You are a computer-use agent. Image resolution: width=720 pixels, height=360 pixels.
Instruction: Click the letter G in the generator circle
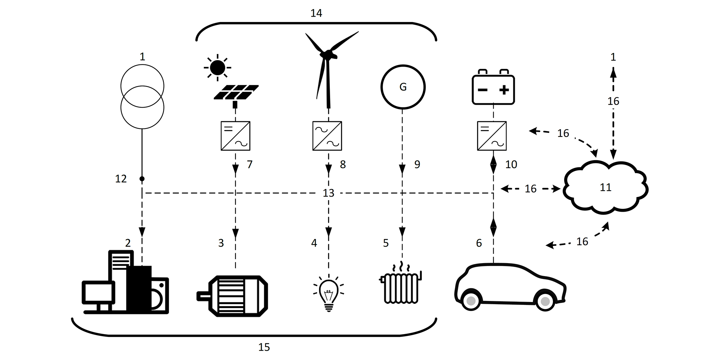[x=403, y=87]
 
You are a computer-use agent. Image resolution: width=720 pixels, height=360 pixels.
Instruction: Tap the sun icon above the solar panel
[x=217, y=67]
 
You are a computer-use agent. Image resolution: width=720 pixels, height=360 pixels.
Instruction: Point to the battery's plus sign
[x=504, y=90]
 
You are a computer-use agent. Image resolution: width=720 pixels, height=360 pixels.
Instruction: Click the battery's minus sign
[x=482, y=90]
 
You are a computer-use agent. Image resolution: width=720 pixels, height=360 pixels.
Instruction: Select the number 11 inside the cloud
[x=606, y=187]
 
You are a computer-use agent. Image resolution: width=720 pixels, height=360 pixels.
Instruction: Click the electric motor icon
[x=232, y=296]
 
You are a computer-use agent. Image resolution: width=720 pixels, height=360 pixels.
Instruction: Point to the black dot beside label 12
[x=142, y=179]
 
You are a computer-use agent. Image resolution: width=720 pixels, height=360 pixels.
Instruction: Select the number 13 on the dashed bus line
[x=328, y=193]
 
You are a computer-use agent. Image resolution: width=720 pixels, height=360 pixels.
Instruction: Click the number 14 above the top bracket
[x=316, y=13]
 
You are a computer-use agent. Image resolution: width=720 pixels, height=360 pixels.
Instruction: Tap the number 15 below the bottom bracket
[x=264, y=347]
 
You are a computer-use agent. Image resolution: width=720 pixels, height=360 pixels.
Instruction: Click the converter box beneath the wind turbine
[x=327, y=136]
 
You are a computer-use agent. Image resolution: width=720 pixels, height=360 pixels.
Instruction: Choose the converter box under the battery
[x=492, y=136]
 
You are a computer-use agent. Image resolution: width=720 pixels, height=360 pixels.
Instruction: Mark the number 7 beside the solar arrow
[x=249, y=165]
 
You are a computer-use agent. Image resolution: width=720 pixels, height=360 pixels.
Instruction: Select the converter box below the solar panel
[x=235, y=136]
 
